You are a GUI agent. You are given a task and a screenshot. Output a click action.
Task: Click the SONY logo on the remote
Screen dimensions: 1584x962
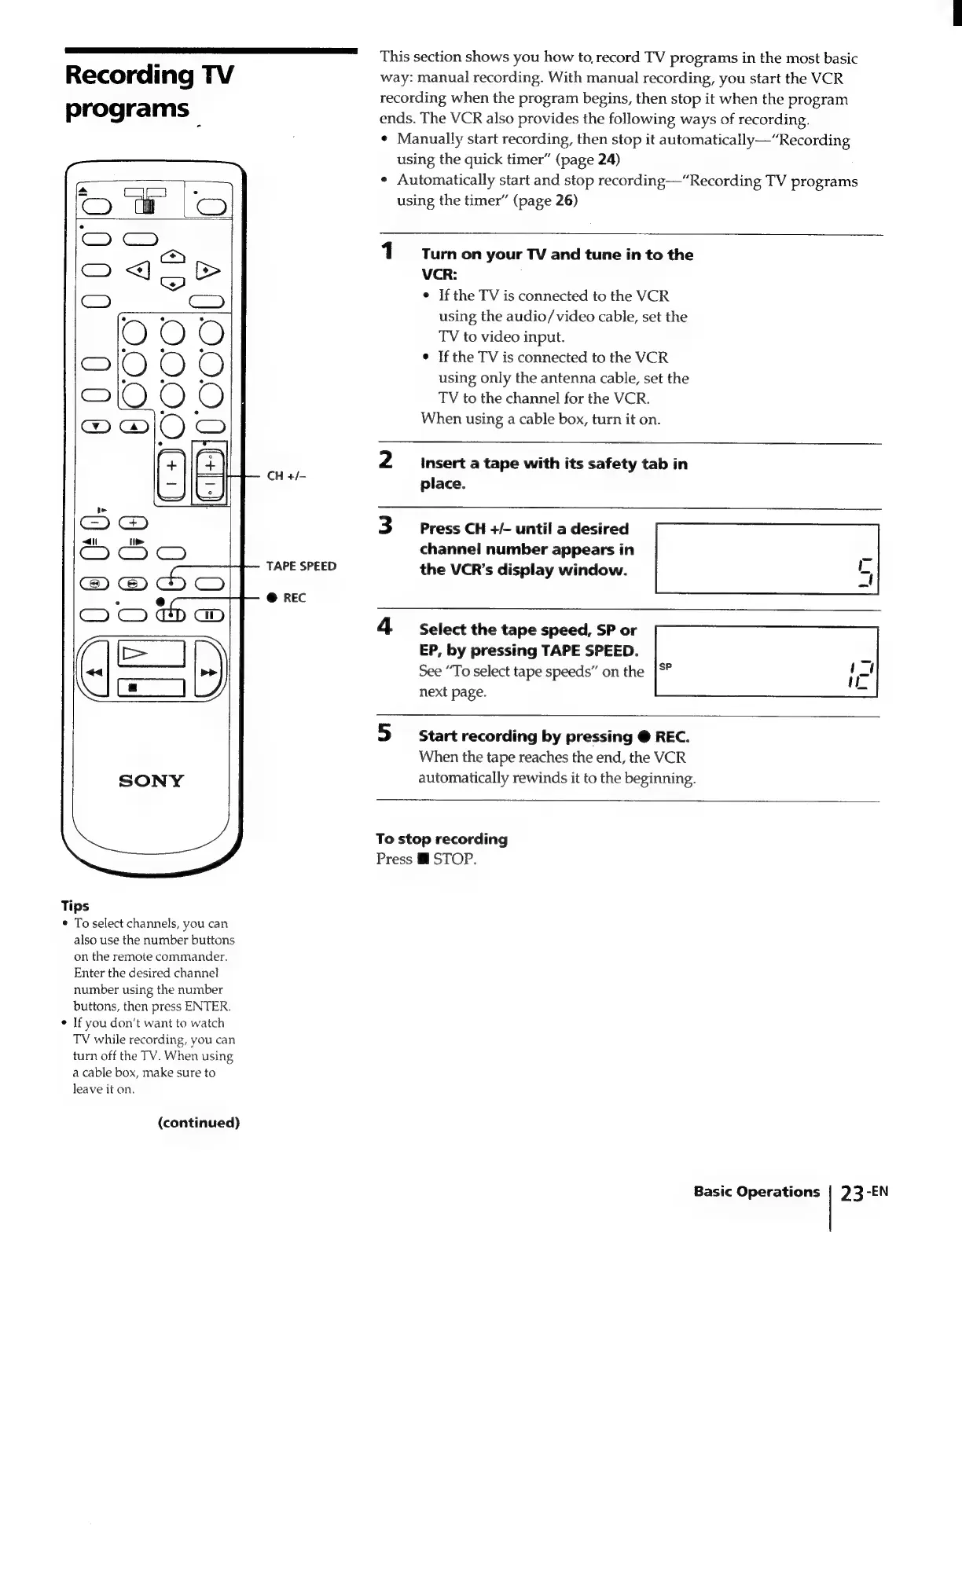(x=151, y=781)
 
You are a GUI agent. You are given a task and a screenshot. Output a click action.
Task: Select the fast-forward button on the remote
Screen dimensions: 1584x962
(x=209, y=673)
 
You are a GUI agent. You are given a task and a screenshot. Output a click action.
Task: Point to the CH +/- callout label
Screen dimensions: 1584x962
(x=286, y=476)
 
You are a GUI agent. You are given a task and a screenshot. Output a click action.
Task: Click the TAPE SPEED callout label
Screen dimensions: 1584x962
(x=301, y=566)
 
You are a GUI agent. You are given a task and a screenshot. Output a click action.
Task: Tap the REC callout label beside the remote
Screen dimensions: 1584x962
(x=294, y=598)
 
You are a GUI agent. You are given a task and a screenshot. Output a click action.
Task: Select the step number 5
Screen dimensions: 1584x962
(x=384, y=733)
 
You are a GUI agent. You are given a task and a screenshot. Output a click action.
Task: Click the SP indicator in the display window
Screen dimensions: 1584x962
(x=665, y=667)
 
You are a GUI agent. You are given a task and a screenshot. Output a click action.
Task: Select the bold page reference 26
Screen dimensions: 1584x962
(x=566, y=200)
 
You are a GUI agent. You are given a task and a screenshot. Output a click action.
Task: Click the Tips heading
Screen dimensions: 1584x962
(x=75, y=905)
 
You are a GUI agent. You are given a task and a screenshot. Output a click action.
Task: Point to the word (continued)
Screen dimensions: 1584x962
(x=199, y=1122)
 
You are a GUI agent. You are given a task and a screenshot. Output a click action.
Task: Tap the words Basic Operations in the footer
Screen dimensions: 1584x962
(x=756, y=1191)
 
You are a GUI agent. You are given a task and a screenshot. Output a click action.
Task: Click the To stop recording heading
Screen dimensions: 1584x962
(x=442, y=838)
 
